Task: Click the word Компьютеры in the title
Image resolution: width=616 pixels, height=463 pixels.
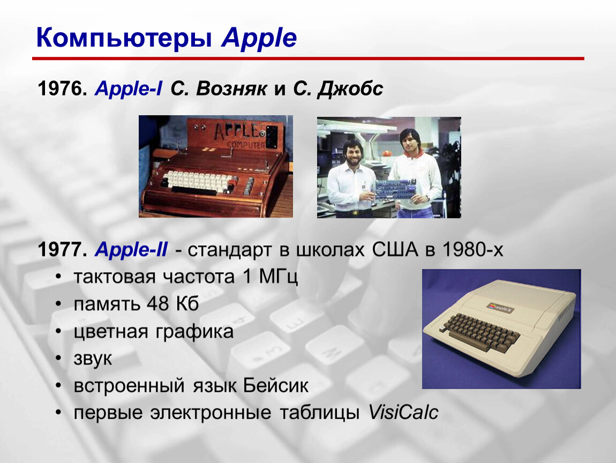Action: click(124, 38)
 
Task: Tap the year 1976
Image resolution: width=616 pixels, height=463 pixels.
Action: click(62, 88)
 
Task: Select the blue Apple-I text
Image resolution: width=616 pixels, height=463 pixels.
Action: click(128, 89)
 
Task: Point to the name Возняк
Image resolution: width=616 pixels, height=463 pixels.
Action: click(231, 89)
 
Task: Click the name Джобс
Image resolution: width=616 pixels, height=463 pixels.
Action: click(350, 89)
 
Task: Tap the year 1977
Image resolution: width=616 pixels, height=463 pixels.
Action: click(62, 250)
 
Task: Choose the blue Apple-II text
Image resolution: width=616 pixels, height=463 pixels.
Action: click(131, 250)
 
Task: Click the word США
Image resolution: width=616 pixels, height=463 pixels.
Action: click(395, 250)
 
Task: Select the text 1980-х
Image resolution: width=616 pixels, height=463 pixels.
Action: click(472, 250)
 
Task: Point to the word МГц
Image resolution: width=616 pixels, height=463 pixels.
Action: click(278, 277)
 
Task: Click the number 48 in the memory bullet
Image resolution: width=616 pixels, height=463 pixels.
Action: click(158, 304)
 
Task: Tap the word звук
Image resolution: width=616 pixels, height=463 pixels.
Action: click(93, 359)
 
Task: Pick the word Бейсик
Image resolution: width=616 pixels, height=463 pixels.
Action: click(275, 386)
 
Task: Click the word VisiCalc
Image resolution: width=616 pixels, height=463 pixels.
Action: click(403, 413)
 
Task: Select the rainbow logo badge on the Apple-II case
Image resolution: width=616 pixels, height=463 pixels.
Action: click(500, 308)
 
